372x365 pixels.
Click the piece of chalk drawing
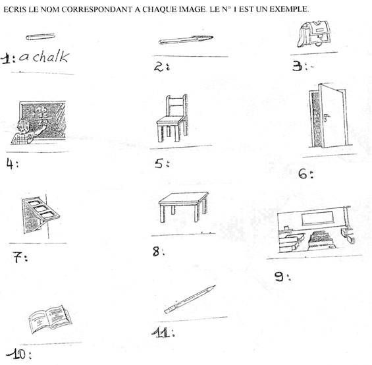(40, 37)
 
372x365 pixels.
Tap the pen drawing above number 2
(186, 40)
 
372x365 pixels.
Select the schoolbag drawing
(313, 34)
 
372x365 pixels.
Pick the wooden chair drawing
(173, 119)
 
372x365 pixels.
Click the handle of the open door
(327, 116)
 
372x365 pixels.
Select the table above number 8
(183, 207)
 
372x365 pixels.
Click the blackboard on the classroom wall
(317, 218)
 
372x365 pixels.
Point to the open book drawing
(50, 319)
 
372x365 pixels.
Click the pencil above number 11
(190, 300)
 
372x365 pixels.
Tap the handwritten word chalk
(51, 57)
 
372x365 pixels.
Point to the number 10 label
(19, 354)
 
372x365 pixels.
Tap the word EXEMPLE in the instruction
(289, 9)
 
